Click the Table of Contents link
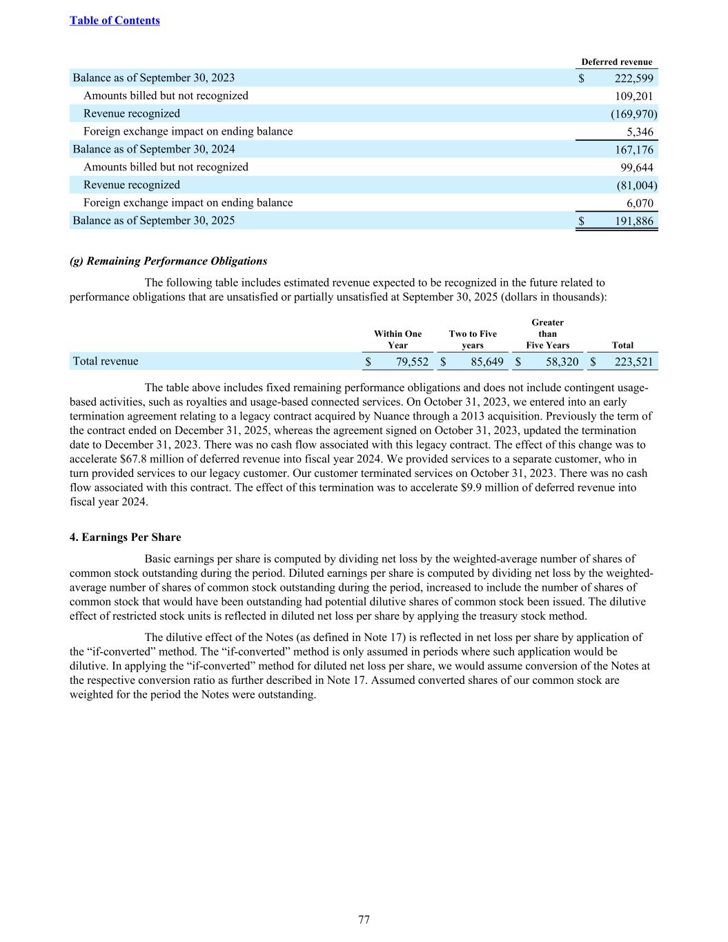tap(115, 20)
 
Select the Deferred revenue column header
tap(616, 61)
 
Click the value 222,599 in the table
tap(633, 78)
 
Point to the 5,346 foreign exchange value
tap(640, 132)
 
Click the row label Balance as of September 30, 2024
tap(154, 149)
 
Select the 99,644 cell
tap(637, 167)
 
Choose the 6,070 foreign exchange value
tap(640, 203)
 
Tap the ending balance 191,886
tap(633, 221)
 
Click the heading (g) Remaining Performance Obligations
tap(168, 261)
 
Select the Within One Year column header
tap(397, 340)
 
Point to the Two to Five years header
tap(473, 340)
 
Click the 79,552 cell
tap(412, 362)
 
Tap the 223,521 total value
tap(633, 362)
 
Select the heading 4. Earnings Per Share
tap(126, 537)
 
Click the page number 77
tap(364, 919)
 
